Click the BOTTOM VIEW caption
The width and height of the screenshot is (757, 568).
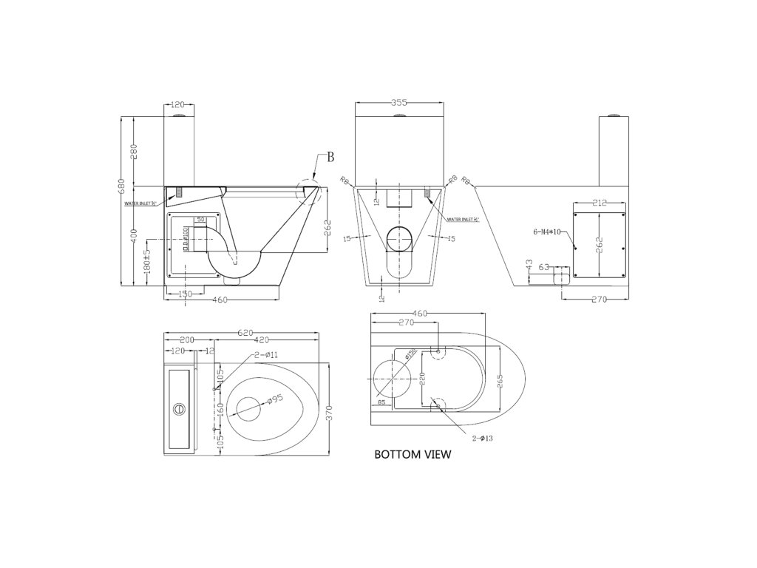413,455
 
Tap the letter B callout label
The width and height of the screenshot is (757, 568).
330,156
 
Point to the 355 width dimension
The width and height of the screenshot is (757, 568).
400,104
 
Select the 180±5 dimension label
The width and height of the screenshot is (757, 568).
147,263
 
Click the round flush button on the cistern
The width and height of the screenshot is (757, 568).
178,408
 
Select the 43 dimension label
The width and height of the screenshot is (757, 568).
529,265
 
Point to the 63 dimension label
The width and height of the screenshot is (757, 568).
544,266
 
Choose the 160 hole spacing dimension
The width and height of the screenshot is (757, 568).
219,408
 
